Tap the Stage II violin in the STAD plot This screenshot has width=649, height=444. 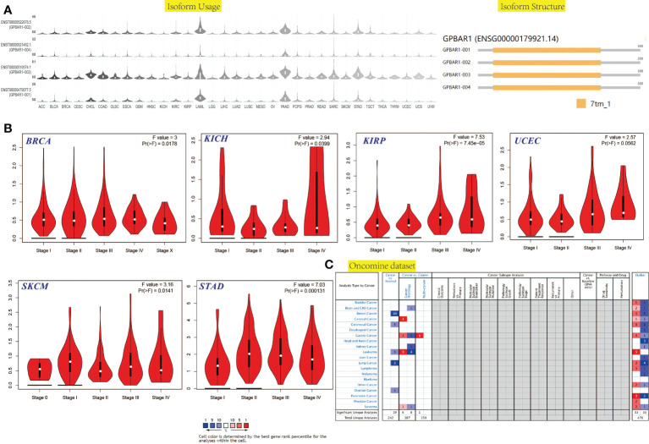tap(249, 347)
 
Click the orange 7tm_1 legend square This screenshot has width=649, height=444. tap(581, 105)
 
